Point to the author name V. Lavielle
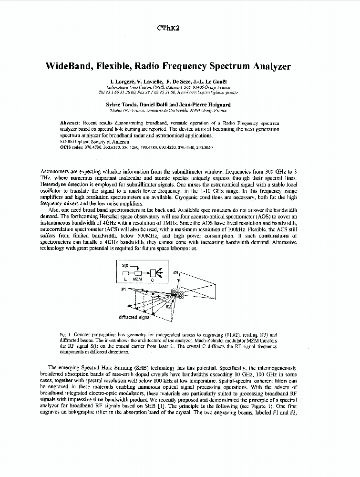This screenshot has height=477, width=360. (x=149, y=82)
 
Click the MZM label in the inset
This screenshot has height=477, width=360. (x=139, y=280)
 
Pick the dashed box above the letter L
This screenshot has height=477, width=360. (x=126, y=273)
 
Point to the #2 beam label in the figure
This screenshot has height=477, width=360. (x=167, y=307)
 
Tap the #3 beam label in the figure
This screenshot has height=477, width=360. (x=176, y=272)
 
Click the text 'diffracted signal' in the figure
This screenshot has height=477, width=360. (x=134, y=317)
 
